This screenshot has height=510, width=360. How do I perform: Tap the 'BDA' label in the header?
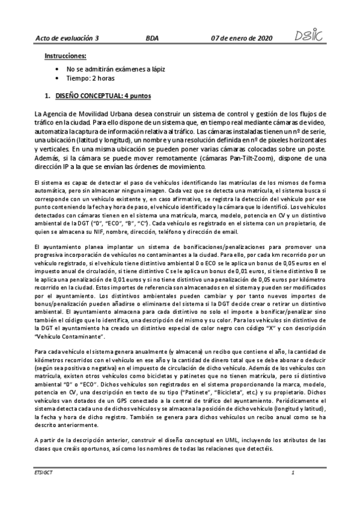[x=153, y=38]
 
